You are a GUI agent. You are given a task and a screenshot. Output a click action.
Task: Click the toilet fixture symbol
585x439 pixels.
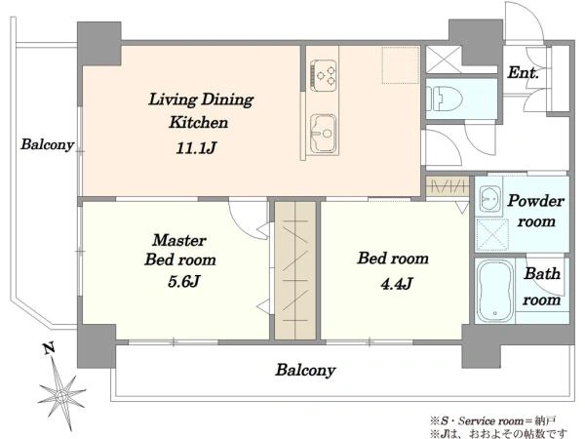tap(444, 99)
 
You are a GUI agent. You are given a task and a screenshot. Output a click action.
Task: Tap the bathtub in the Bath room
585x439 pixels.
tap(494, 291)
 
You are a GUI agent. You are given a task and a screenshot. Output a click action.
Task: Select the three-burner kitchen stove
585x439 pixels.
tap(324, 75)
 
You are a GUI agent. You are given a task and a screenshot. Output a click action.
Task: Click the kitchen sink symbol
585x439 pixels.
tap(324, 134)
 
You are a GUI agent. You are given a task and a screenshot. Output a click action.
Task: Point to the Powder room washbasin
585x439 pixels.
tap(489, 199)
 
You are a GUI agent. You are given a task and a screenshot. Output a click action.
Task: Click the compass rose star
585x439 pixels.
tap(62, 395)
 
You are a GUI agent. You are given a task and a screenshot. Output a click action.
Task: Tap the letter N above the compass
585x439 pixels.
tap(50, 348)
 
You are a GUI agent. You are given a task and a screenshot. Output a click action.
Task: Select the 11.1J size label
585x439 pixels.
tap(196, 148)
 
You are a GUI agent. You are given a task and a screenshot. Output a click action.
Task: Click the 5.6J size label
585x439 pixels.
tap(184, 281)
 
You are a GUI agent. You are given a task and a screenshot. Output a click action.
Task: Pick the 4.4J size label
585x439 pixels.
tap(397, 284)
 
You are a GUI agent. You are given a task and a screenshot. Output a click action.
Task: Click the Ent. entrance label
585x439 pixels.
tap(523, 72)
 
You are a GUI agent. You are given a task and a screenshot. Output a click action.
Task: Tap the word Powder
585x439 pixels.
tap(535, 201)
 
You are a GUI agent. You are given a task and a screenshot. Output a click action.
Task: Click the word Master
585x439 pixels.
tap(179, 240)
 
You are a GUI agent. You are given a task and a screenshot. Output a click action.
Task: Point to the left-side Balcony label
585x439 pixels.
tap(48, 144)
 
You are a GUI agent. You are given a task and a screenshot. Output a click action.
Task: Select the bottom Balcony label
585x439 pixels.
tap(305, 371)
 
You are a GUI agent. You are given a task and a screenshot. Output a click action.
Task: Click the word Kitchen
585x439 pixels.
tap(199, 123)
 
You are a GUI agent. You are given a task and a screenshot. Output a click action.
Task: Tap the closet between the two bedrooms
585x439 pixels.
tap(295, 270)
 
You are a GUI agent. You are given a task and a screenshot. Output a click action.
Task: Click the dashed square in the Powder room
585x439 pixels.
tap(492, 235)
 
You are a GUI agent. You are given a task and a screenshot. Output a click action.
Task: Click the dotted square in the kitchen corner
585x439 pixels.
tap(401, 64)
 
